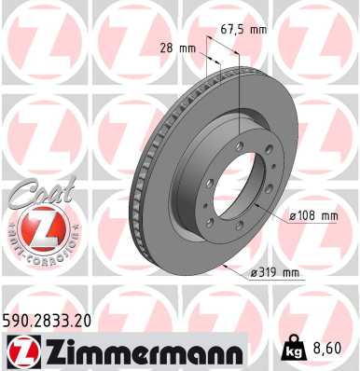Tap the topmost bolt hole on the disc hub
[244, 133]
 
